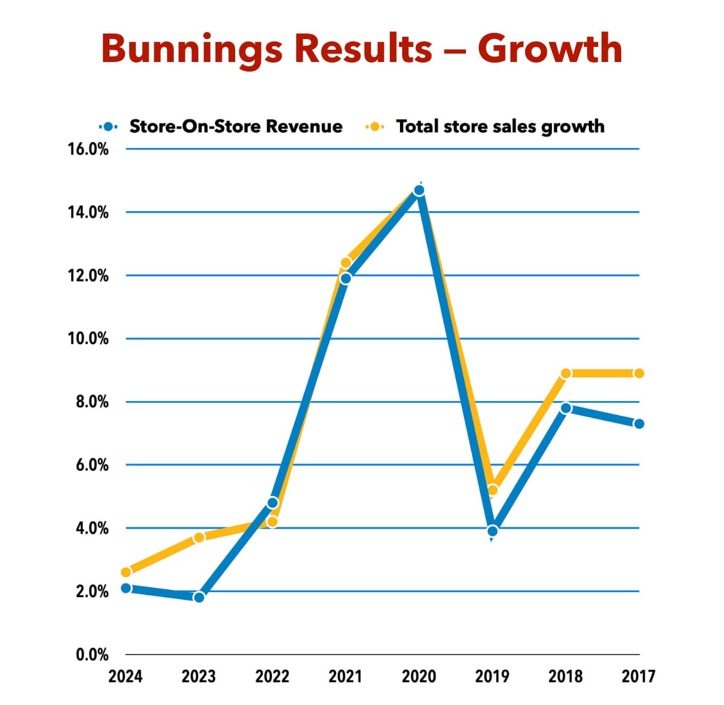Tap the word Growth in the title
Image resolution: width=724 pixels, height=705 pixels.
(x=550, y=49)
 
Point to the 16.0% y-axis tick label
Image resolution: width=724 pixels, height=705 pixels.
(x=88, y=150)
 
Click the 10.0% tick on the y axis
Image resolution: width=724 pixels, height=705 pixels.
(x=88, y=339)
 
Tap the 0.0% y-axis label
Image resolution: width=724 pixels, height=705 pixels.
(x=92, y=655)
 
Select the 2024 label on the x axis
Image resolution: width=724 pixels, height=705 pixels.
(x=126, y=677)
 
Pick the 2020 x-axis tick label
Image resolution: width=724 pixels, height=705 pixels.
(x=419, y=677)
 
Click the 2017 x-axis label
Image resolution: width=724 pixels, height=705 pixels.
(x=639, y=677)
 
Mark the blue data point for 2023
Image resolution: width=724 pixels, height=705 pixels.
(x=199, y=597)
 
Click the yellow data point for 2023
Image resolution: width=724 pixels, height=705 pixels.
(x=199, y=537)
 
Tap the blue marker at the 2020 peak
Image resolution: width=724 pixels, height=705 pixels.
(x=419, y=190)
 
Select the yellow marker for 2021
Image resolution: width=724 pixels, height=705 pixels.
(x=346, y=263)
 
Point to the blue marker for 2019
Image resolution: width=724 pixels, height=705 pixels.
(x=492, y=531)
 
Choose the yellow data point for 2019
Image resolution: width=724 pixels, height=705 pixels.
(x=492, y=490)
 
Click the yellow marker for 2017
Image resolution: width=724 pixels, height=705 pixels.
(x=639, y=373)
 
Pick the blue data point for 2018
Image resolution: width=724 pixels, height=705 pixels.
(x=565, y=408)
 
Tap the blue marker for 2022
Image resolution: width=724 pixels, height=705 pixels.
(x=273, y=503)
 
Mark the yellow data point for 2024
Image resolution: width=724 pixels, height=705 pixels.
(x=126, y=572)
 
